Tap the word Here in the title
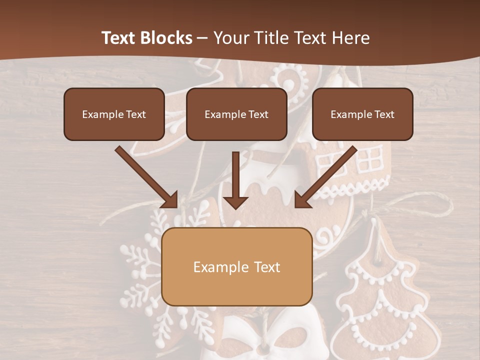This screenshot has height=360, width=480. (350, 38)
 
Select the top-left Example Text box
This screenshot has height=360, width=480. (114, 114)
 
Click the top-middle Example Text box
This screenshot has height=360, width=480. (236, 114)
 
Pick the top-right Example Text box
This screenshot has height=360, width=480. (362, 114)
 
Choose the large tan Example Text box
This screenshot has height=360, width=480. (236, 266)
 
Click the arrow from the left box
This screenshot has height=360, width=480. (145, 176)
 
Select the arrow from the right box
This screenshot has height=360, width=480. (327, 176)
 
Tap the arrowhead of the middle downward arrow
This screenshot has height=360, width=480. (235, 201)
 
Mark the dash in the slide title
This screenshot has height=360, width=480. (203, 38)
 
